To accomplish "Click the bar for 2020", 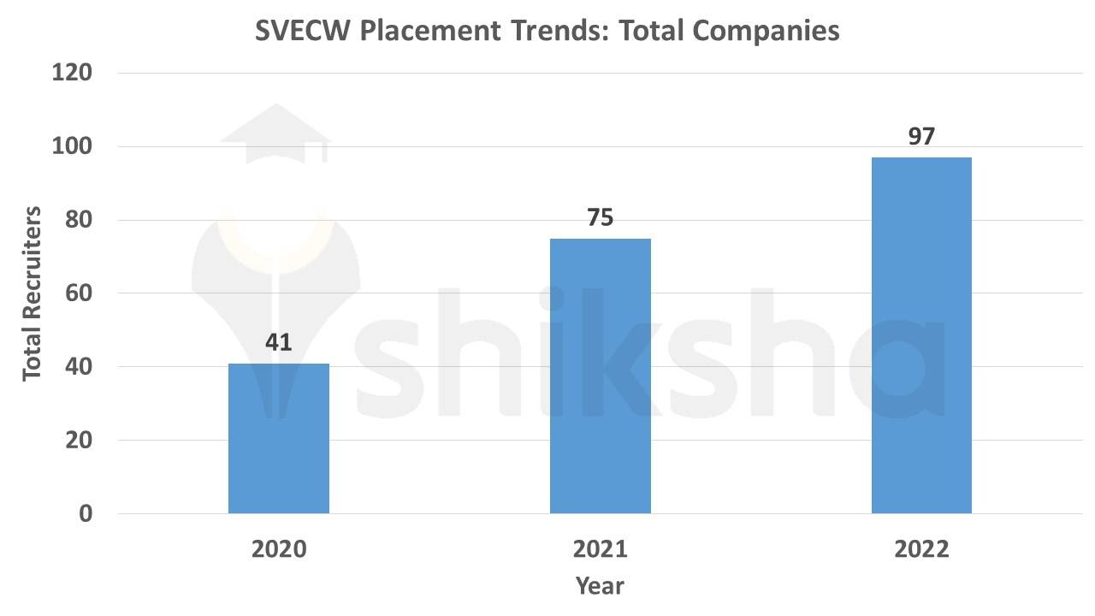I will coord(278,438).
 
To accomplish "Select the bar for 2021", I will coord(600,376).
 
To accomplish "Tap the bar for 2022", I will coord(921,335).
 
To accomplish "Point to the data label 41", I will coord(278,343).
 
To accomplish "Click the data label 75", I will coord(600,218).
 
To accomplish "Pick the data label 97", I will coord(921,137).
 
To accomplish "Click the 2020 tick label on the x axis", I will coord(278,549).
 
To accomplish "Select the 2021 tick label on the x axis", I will coord(600,549).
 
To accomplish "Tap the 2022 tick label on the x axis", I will coord(921,549).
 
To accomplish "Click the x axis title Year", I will coord(600,586).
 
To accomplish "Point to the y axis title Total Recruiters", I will coord(33,293).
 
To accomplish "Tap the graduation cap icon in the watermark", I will coord(275,135).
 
